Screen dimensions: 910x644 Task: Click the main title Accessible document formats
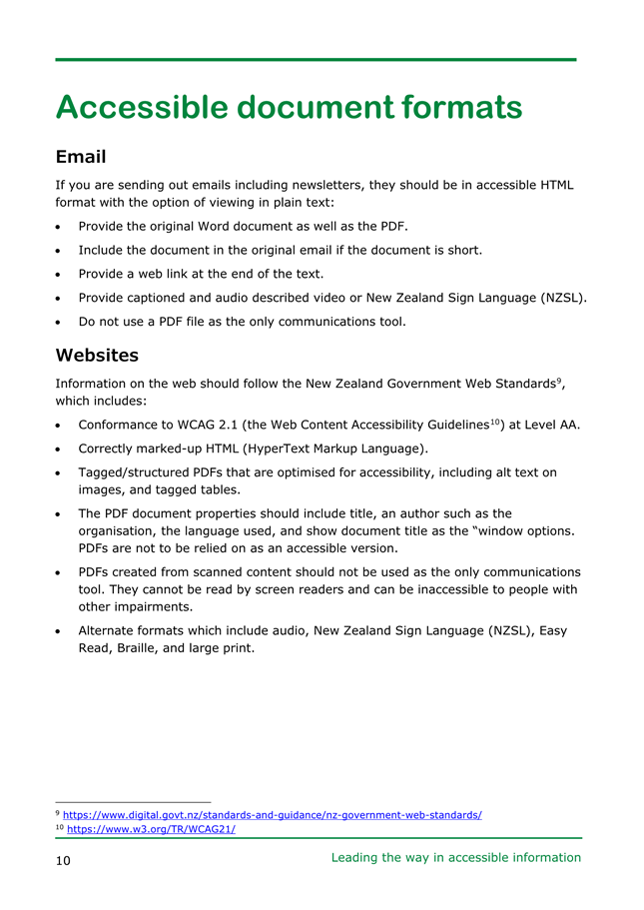click(x=289, y=107)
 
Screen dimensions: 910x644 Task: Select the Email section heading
click(x=81, y=157)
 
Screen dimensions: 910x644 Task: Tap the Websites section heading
click(x=97, y=355)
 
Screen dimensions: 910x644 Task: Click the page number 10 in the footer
click(x=63, y=860)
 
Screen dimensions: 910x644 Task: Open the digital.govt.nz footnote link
click(x=272, y=815)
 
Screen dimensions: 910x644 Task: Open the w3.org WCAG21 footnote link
click(x=151, y=829)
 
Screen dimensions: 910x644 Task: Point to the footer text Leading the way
click(x=455, y=857)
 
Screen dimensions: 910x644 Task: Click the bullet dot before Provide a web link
click(x=62, y=274)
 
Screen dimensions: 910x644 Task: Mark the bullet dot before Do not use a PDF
click(x=62, y=322)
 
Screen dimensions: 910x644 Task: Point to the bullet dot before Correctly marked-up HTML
click(x=62, y=449)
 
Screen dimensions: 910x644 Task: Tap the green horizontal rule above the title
click(x=316, y=60)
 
